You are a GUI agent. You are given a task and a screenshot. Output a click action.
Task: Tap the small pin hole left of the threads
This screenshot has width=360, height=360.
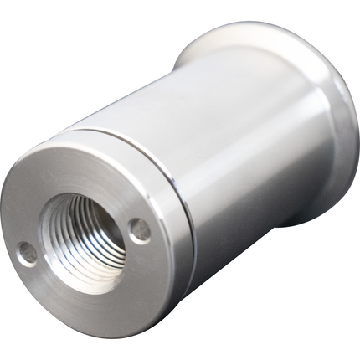pyautogui.click(x=28, y=252)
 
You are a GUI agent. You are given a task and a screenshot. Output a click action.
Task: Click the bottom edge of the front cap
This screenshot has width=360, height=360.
pyautogui.click(x=126, y=331)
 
